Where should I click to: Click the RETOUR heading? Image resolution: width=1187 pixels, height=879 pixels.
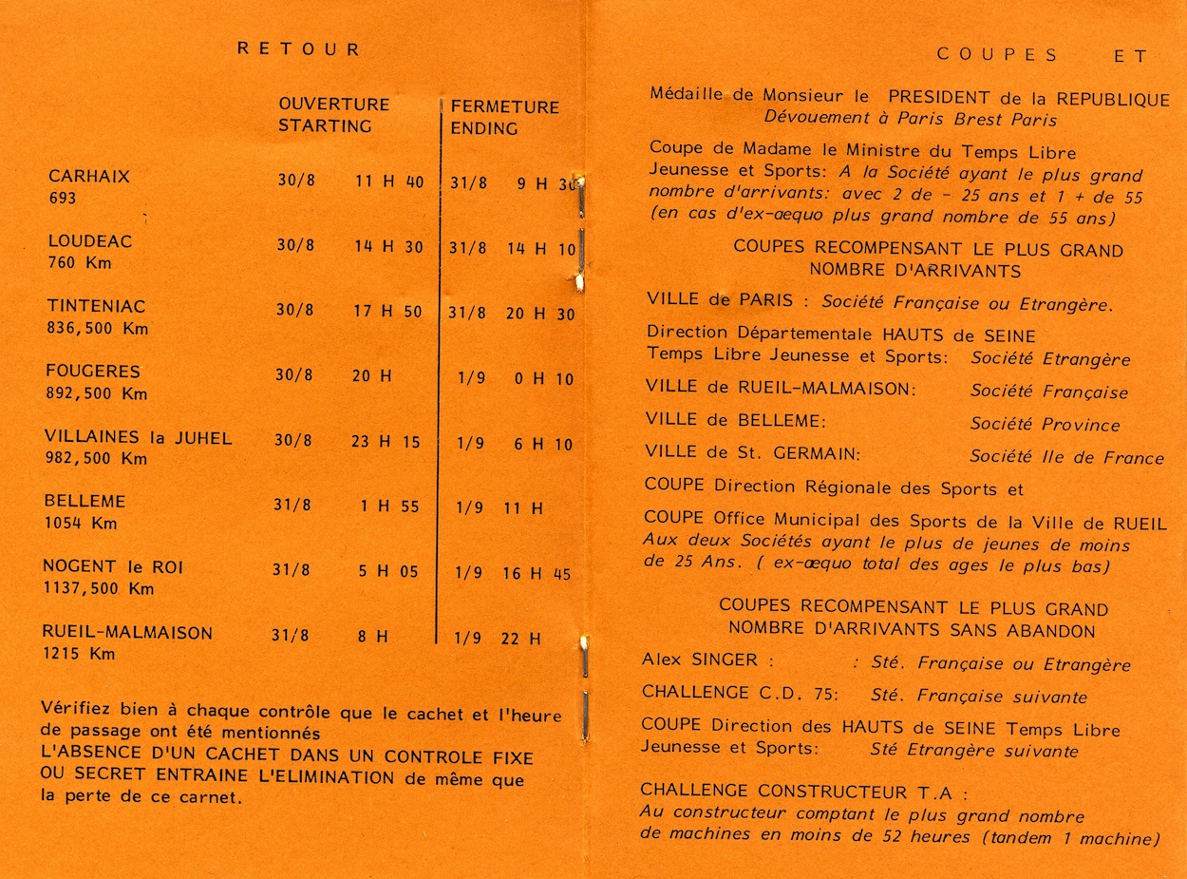299,49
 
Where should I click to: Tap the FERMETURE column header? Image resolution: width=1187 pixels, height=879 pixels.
504,107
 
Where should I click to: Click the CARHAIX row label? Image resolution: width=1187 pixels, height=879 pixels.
89,177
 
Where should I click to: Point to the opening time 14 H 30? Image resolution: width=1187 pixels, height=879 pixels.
389,246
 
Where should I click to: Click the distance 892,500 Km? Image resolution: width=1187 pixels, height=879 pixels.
96,393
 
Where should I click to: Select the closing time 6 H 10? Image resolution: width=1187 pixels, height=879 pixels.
544,445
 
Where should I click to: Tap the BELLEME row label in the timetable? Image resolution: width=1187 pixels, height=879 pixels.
85,501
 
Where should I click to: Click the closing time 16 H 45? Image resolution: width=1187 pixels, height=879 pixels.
537,574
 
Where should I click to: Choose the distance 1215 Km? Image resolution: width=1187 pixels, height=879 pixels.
79,654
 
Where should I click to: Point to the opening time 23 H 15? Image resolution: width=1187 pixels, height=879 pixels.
386,442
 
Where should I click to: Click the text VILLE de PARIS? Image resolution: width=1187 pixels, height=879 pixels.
719,299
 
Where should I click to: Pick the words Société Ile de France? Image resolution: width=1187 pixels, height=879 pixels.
1066,457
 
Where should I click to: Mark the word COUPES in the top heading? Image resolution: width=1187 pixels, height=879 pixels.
997,54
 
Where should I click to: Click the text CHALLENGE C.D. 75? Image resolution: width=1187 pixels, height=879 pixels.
740,693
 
